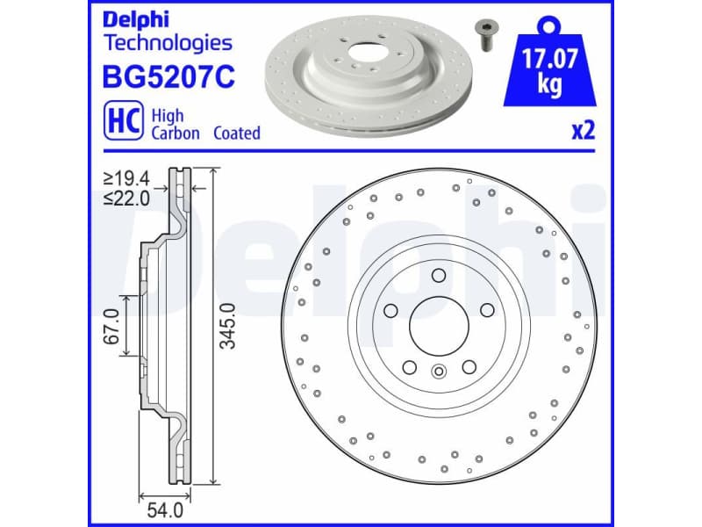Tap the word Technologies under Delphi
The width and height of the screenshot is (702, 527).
tap(168, 42)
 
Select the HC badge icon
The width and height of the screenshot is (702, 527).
tap(122, 123)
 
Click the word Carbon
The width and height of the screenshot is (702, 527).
tap(175, 134)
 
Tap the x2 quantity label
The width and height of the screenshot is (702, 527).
tap(584, 132)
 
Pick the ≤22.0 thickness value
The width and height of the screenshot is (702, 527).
tap(127, 199)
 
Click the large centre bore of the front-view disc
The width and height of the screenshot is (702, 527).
tap(439, 325)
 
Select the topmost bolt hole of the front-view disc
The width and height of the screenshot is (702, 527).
tap(439, 275)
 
